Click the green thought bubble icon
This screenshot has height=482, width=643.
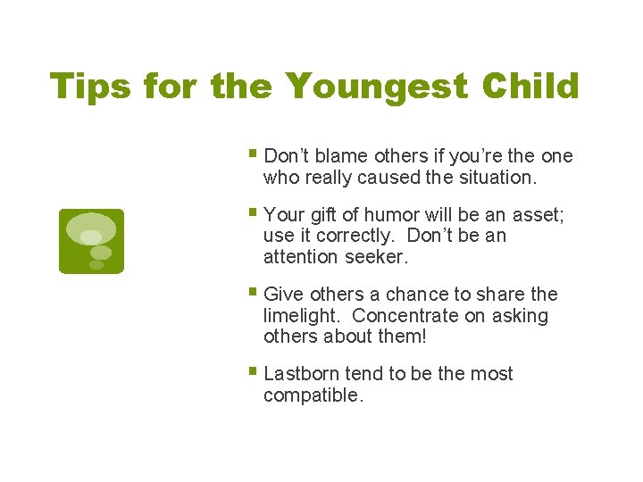pos(91,241)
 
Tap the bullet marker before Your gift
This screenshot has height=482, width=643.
pos(255,213)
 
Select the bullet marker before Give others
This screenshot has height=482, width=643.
pos(255,293)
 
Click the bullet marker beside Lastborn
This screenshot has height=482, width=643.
pos(255,372)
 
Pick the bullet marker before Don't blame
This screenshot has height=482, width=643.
pos(255,154)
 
